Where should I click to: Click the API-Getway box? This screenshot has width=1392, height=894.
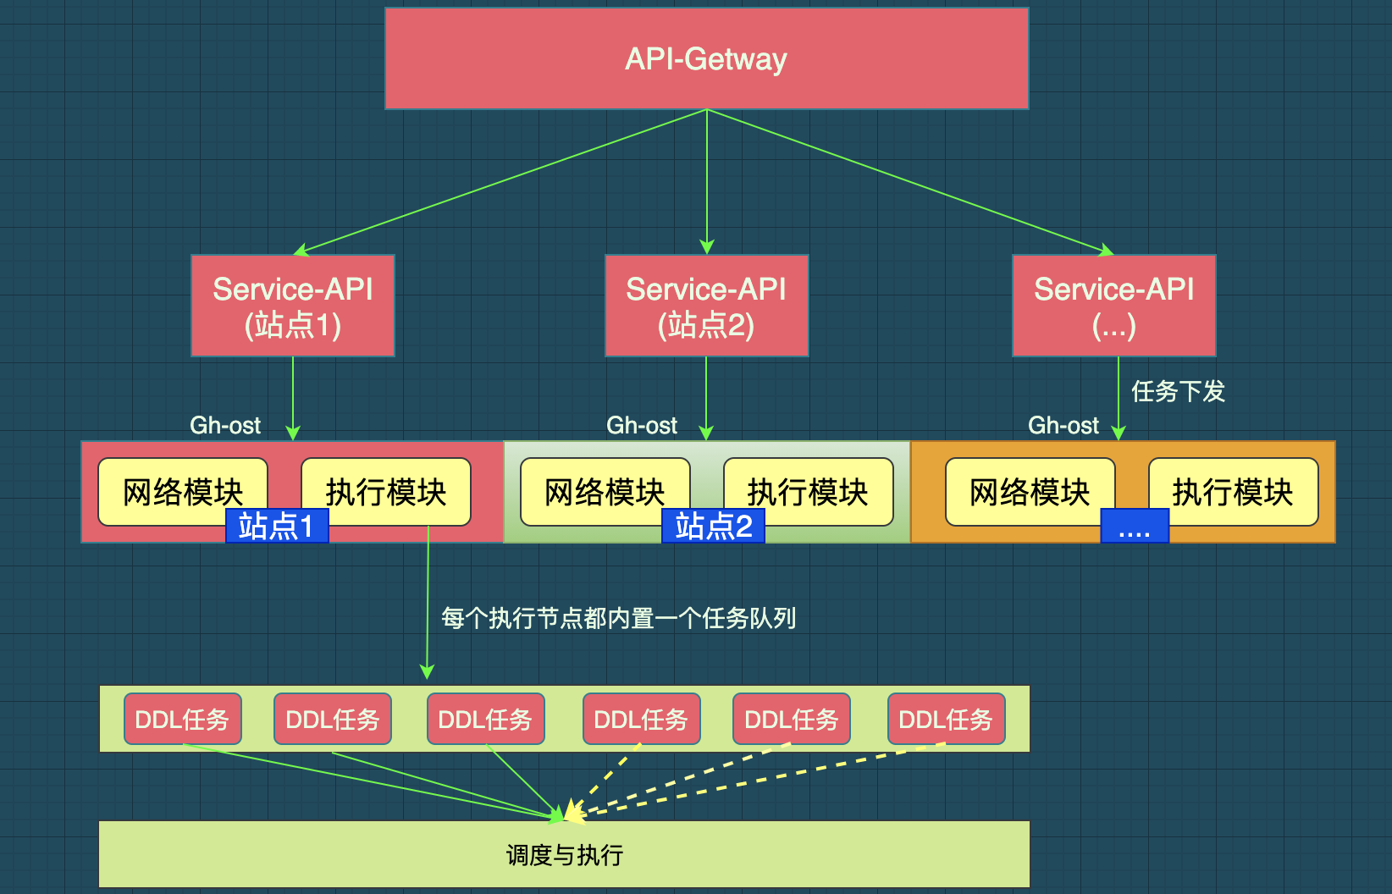(x=706, y=58)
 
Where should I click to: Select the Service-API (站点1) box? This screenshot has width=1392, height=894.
(x=293, y=305)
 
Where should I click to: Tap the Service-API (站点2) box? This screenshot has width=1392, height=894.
(x=706, y=305)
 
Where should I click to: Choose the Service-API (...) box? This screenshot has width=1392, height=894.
(x=1114, y=305)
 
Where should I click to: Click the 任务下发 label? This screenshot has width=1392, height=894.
(x=1179, y=391)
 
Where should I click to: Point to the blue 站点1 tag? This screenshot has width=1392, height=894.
(x=277, y=526)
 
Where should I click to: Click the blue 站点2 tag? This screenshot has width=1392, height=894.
(x=714, y=526)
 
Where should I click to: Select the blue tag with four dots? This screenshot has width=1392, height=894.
(x=1135, y=526)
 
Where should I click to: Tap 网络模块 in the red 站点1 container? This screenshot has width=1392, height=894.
(x=183, y=491)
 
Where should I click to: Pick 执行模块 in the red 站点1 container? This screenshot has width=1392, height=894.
(x=386, y=491)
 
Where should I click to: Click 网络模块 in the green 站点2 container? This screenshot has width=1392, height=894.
(x=605, y=491)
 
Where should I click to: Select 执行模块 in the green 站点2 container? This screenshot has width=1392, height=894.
(x=809, y=491)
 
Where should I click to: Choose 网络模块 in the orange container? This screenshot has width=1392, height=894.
(x=1030, y=491)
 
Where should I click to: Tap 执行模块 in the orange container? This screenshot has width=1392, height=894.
(x=1234, y=491)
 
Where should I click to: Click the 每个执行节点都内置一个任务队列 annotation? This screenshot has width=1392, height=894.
(x=619, y=618)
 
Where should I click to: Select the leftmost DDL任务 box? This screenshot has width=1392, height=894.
(x=183, y=719)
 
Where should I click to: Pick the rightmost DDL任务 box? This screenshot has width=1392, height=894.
(x=947, y=719)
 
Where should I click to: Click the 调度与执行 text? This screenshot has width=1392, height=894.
(x=565, y=855)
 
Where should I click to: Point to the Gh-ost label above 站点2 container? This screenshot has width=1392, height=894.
(x=642, y=426)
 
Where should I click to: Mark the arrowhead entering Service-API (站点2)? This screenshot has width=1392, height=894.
(x=706, y=246)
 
